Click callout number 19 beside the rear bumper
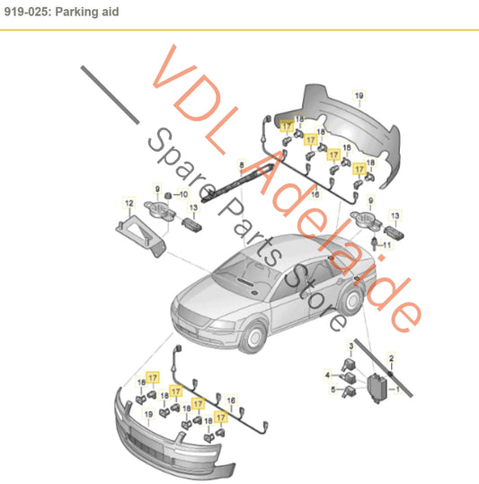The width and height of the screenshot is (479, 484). pyautogui.click(x=359, y=96)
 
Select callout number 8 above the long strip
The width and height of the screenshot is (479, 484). pyautogui.click(x=241, y=163)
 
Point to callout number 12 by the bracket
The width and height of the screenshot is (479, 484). pyautogui.click(x=129, y=202)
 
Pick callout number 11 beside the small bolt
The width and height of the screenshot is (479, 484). pyautogui.click(x=389, y=244)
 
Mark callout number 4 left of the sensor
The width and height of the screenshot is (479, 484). pyautogui.click(x=327, y=373)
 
